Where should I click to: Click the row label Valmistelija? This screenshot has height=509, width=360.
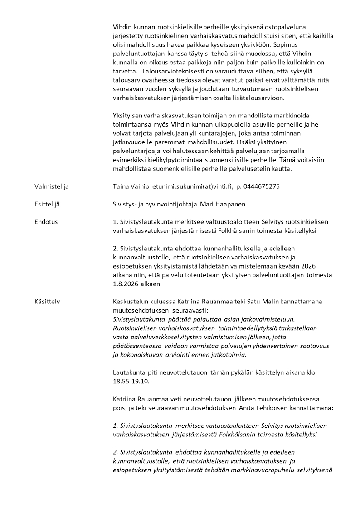click(x=52, y=186)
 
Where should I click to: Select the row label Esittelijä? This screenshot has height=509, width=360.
click(x=47, y=204)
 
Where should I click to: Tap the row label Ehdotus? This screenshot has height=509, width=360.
click(x=46, y=222)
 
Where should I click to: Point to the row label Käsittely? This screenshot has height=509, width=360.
click(x=47, y=301)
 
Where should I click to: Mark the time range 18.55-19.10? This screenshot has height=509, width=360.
click(x=131, y=382)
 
